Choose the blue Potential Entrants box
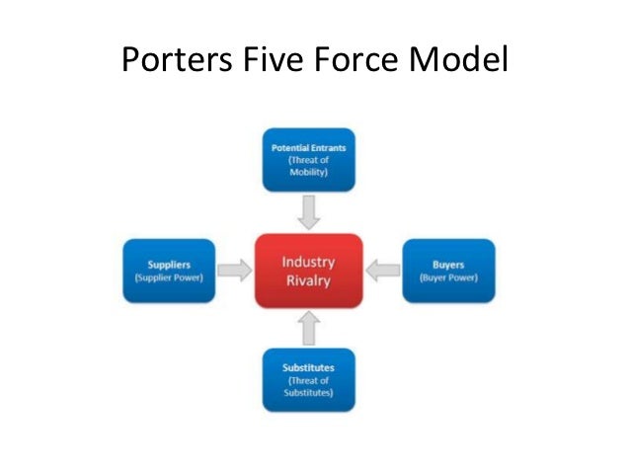click(309, 159)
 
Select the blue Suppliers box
click(169, 270)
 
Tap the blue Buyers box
click(447, 270)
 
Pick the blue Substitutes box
click(309, 379)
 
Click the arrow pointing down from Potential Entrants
click(309, 211)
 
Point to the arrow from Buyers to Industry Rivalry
click(383, 270)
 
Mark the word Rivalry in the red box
click(309, 280)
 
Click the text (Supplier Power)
click(169, 277)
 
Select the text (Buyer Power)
click(447, 277)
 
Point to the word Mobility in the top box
click(309, 171)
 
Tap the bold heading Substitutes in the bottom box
click(309, 367)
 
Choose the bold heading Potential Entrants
click(309, 147)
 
